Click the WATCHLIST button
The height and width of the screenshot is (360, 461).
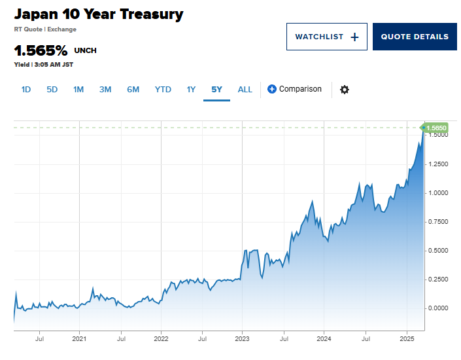pos(326,37)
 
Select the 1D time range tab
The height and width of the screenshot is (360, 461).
pos(26,90)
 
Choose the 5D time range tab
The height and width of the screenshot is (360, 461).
pos(52,90)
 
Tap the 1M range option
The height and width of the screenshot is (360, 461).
pos(78,90)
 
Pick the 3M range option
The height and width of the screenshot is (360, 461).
pos(105,90)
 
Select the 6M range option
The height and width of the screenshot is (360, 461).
pos(133,90)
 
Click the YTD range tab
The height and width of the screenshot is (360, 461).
pos(163,90)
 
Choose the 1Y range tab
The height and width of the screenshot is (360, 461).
pos(191,90)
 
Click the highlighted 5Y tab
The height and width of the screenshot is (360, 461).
pos(216,90)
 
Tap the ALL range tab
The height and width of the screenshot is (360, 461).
pos(245,90)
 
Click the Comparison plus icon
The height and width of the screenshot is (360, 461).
pos(272,89)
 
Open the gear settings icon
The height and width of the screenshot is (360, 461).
pos(345,90)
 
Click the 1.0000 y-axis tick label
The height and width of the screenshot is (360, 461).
pos(438,193)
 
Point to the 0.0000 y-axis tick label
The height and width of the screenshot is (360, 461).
pos(438,308)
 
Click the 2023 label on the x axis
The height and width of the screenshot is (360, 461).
pos(243,339)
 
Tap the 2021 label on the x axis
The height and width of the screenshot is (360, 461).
pos(79,339)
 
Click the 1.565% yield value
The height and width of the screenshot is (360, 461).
pos(41,50)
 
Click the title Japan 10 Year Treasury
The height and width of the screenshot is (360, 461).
pos(99,14)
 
